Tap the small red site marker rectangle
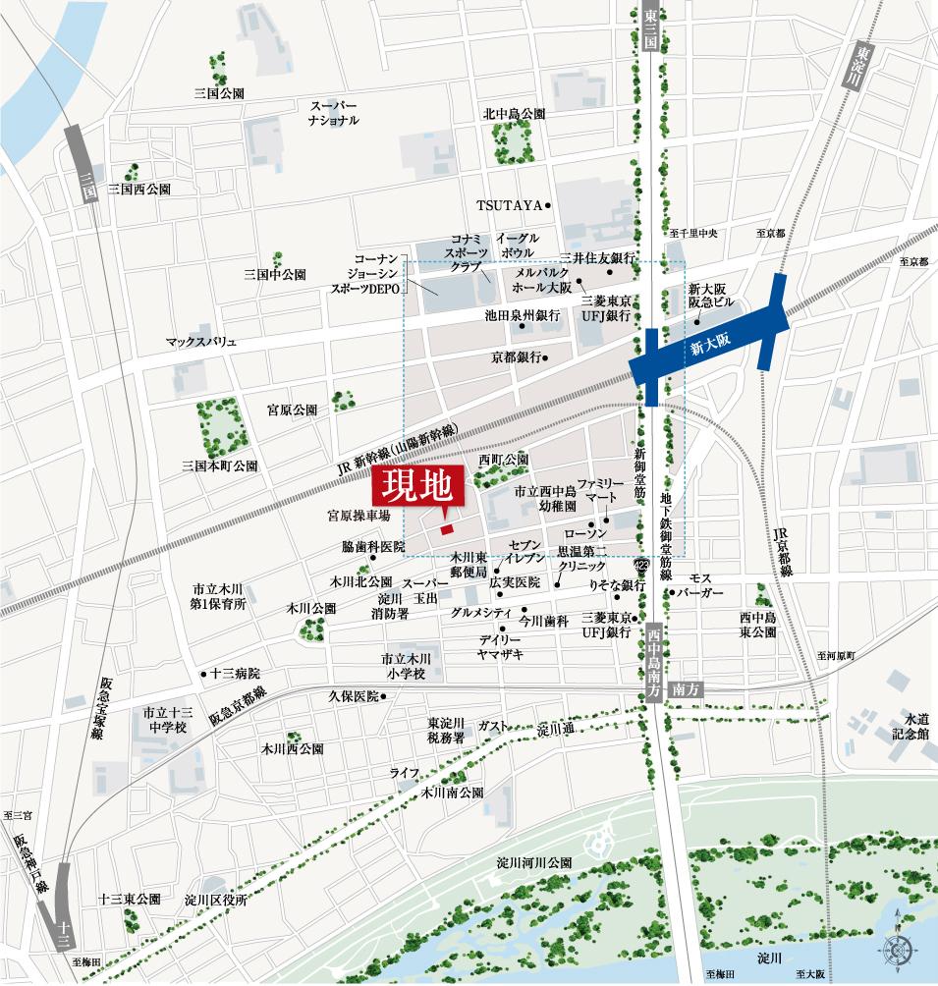point(447,530)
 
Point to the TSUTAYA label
point(510,205)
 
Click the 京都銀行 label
point(515,358)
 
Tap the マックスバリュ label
point(201,342)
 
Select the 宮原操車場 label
point(359,515)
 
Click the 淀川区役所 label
point(215,899)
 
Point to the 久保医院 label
point(353,696)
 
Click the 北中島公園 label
point(514,114)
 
